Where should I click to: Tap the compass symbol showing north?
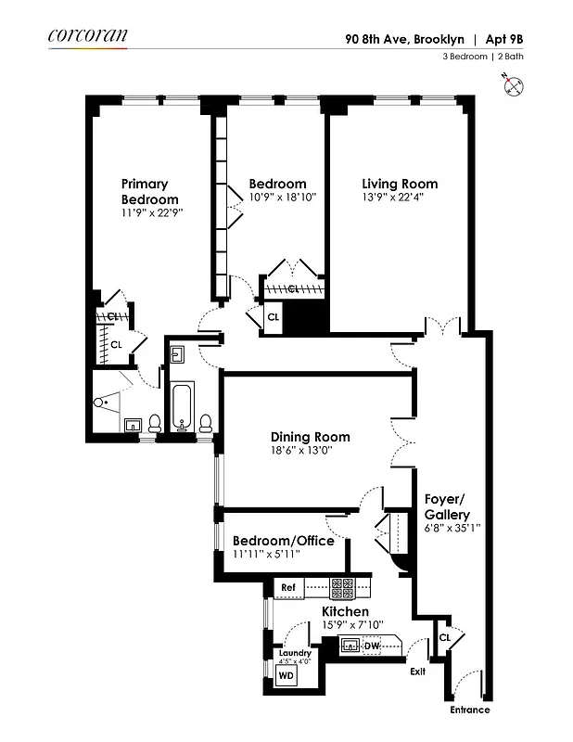(516, 87)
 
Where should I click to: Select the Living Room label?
(400, 184)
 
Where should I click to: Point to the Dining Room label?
(310, 437)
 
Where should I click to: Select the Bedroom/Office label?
(283, 541)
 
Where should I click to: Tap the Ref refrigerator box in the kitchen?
(288, 587)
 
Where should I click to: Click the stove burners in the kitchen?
(342, 587)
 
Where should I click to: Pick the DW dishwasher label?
(371, 646)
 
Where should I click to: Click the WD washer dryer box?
(287, 676)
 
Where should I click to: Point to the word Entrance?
(469, 710)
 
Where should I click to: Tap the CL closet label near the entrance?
(444, 637)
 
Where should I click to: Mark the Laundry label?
(294, 653)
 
